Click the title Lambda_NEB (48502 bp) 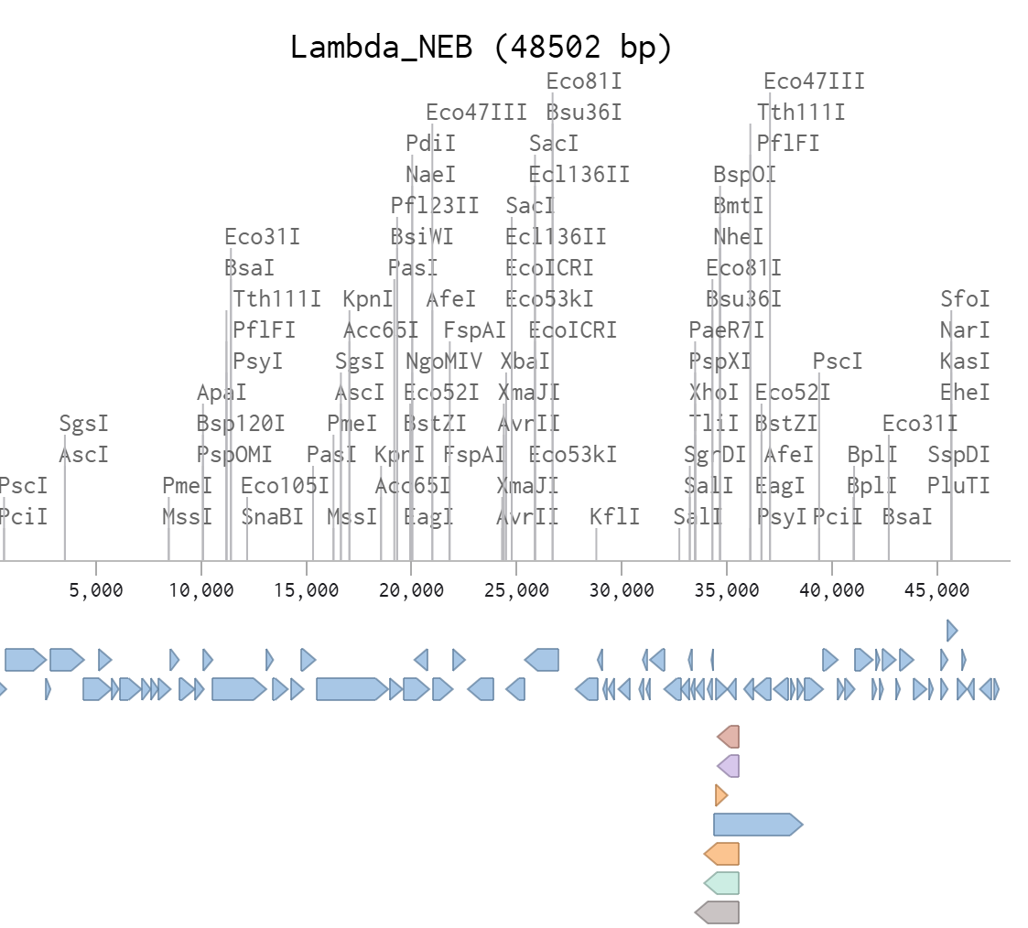click(x=482, y=47)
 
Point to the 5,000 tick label click(x=96, y=590)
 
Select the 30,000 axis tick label click(x=622, y=590)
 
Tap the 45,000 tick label click(x=936, y=590)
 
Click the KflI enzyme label click(x=615, y=517)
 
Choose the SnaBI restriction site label click(x=272, y=517)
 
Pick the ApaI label click(x=222, y=393)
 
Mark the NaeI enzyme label click(x=430, y=174)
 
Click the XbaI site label click(x=525, y=361)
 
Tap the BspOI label click(x=744, y=174)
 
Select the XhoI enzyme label click(x=714, y=393)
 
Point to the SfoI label click(x=965, y=299)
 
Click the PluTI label click(x=958, y=486)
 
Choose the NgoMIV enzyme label click(x=444, y=361)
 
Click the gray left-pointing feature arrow click(x=717, y=912)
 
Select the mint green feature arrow click(x=721, y=882)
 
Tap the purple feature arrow click(x=729, y=765)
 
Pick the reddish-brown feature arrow click(x=729, y=736)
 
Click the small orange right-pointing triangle click(x=720, y=794)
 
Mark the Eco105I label click(x=285, y=486)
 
